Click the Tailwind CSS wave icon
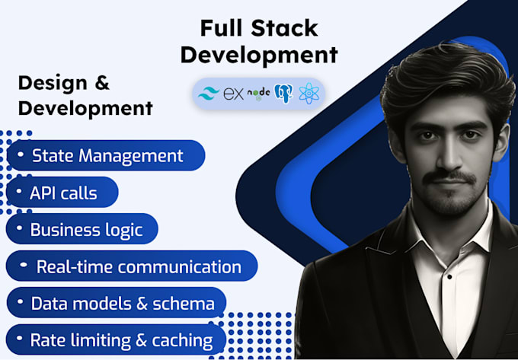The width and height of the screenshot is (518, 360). pyautogui.click(x=208, y=94)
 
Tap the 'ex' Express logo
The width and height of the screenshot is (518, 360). pyautogui.click(x=232, y=94)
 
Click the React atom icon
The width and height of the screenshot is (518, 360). pyautogui.click(x=309, y=94)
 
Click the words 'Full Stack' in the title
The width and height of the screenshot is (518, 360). pyautogui.click(x=258, y=28)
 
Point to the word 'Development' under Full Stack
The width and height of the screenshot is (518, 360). pyautogui.click(x=258, y=55)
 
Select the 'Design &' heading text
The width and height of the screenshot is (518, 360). pyautogui.click(x=64, y=82)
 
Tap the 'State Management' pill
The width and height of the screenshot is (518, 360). pyautogui.click(x=107, y=156)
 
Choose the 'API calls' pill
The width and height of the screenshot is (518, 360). pyautogui.click(x=63, y=193)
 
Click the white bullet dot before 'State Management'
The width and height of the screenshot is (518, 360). pyautogui.click(x=19, y=155)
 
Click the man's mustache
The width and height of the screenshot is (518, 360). pyautogui.click(x=449, y=177)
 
